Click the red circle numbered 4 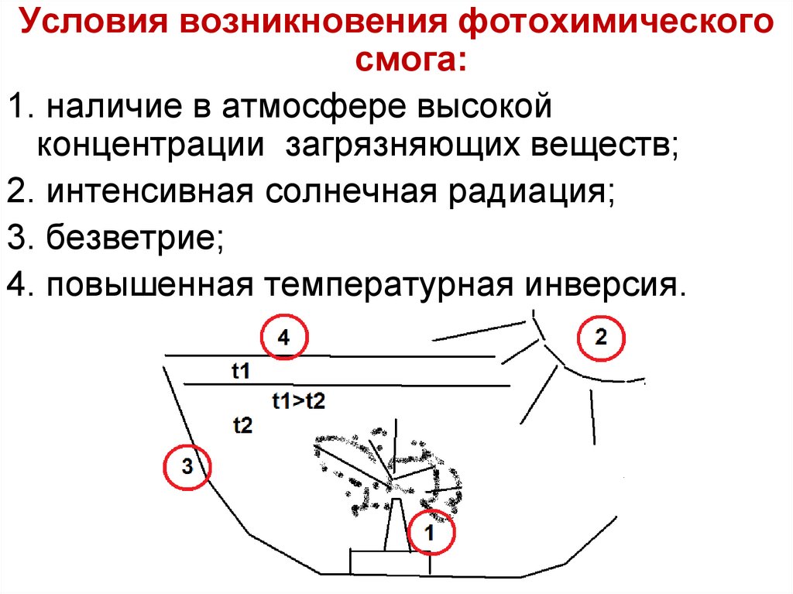click(x=283, y=337)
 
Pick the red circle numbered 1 click(x=431, y=532)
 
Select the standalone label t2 click(x=242, y=424)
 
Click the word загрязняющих click(x=413, y=145)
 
